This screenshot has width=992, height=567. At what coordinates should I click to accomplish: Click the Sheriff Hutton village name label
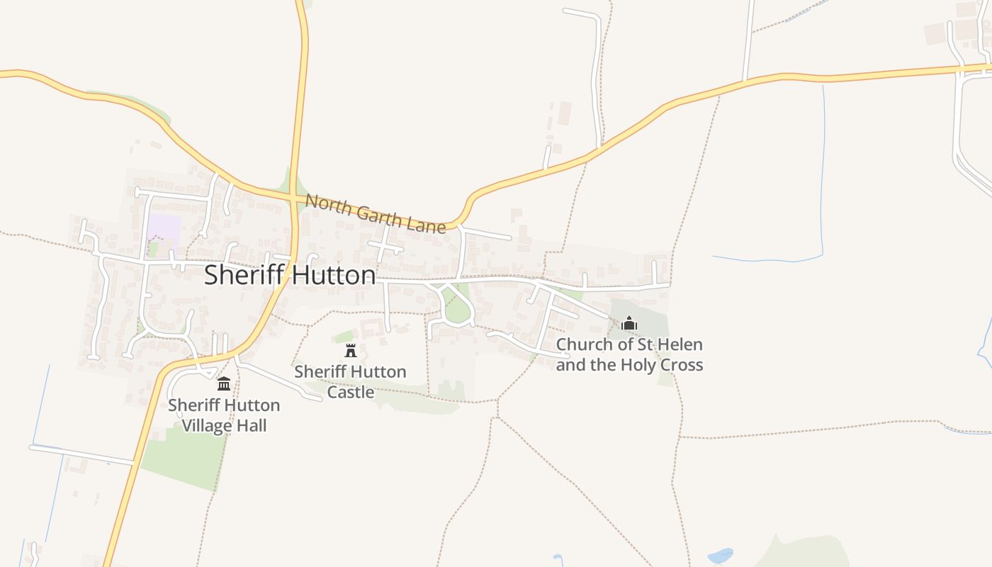(x=290, y=275)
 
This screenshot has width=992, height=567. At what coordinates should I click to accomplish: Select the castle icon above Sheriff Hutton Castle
(x=350, y=350)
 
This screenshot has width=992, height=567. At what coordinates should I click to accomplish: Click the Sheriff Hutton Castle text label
(x=350, y=381)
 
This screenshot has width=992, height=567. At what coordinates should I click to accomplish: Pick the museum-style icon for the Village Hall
(x=224, y=384)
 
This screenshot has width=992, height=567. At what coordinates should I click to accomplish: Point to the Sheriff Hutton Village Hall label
(x=224, y=415)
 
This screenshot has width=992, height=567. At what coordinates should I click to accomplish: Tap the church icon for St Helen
(x=629, y=324)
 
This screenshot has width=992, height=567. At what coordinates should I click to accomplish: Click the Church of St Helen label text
(x=629, y=354)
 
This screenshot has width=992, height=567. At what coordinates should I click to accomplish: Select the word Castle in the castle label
(x=350, y=391)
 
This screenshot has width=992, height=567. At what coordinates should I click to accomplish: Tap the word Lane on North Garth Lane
(x=427, y=224)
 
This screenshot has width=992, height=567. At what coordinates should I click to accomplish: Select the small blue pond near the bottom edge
(x=720, y=556)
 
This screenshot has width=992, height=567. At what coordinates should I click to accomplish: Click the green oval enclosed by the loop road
(x=457, y=310)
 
